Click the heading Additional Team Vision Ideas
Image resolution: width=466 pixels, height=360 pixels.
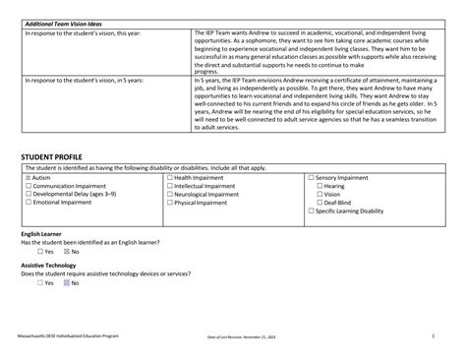pyautogui.click(x=63, y=22)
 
